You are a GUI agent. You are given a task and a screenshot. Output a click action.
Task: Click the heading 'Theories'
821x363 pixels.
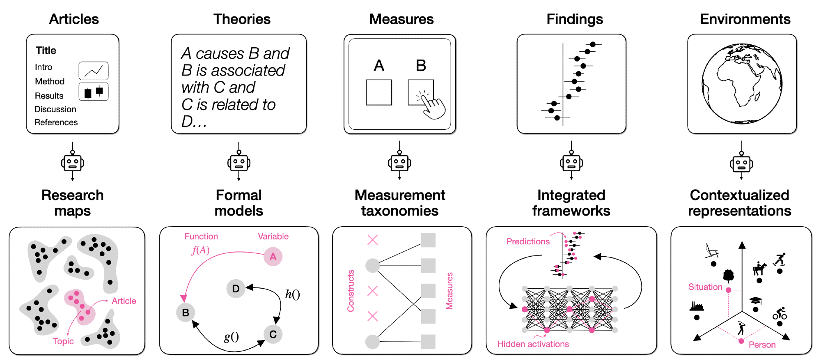tap(242, 19)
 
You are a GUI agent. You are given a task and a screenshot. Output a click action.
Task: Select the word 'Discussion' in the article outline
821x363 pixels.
tap(55, 109)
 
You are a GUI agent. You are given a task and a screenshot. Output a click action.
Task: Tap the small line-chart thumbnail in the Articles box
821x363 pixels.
tap(94, 71)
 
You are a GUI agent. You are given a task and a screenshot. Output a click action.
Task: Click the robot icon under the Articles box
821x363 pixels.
tap(73, 163)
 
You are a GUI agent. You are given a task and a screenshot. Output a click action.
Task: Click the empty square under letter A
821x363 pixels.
tap(379, 92)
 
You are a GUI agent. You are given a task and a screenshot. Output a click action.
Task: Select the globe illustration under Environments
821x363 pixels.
tap(742, 83)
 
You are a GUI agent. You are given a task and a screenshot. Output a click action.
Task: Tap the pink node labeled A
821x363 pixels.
tap(273, 257)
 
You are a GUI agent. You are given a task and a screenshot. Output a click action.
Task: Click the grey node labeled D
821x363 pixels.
tap(236, 289)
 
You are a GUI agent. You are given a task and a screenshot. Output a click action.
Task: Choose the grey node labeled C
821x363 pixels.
tap(273, 334)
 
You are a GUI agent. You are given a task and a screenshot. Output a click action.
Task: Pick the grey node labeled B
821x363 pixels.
tap(186, 312)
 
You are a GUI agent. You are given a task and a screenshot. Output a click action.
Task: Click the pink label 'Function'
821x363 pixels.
tap(201, 237)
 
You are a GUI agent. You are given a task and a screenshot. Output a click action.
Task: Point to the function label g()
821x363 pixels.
tap(231, 337)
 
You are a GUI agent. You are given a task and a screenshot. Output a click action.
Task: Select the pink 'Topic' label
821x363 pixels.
tap(63, 341)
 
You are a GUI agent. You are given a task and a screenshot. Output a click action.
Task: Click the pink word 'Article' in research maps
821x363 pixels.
tap(124, 301)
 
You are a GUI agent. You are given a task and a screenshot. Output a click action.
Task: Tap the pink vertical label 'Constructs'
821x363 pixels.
tap(351, 291)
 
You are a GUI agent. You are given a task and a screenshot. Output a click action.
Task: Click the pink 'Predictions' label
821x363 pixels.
tap(528, 241)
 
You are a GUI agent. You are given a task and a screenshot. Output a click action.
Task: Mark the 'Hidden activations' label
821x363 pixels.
tap(533, 344)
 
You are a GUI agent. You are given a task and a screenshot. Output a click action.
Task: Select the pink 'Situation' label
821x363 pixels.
tap(705, 287)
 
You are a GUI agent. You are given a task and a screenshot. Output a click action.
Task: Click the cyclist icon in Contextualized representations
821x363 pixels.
tap(780, 314)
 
